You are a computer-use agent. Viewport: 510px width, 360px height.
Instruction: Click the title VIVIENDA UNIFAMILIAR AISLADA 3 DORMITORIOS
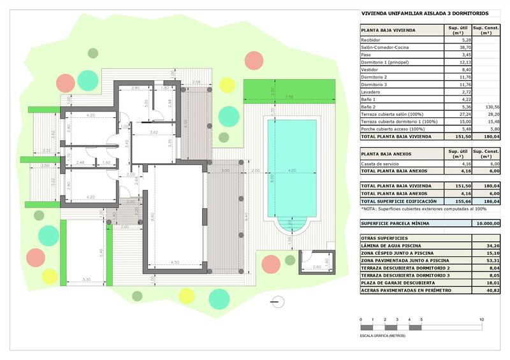coord(425,13)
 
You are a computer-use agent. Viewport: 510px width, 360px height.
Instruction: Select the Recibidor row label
coord(372,40)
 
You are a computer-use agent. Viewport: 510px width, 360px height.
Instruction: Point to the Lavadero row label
coord(372,92)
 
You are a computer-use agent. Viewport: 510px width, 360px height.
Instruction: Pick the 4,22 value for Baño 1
coord(465,99)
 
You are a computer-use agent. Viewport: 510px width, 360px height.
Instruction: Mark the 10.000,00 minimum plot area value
coord(488,223)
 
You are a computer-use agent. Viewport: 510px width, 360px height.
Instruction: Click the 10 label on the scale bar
coord(481,319)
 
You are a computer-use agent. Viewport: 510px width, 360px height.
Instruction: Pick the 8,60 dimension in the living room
coord(152,217)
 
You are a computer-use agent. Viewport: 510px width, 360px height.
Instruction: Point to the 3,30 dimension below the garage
coord(86,279)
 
